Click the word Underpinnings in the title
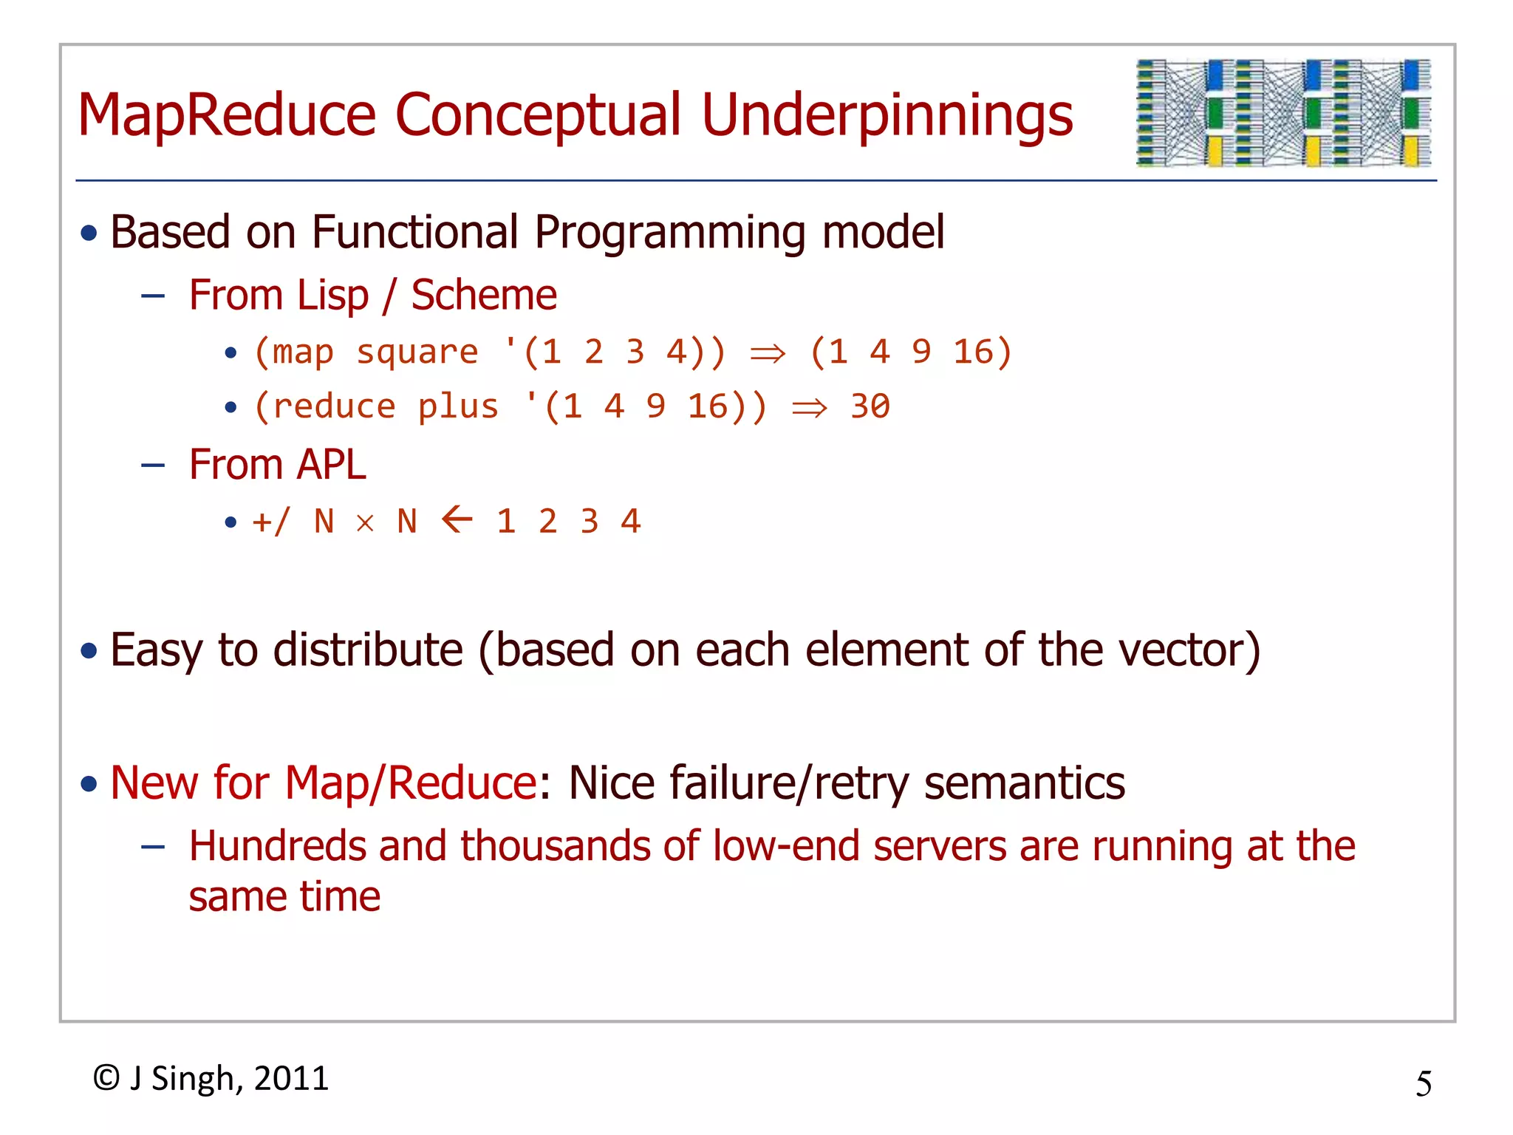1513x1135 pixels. (x=887, y=117)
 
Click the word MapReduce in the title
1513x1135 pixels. (x=227, y=115)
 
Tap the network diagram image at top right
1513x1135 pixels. (x=1283, y=112)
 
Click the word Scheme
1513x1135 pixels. (x=483, y=296)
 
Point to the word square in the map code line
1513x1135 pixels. (x=417, y=352)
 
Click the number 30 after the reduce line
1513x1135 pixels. (x=870, y=406)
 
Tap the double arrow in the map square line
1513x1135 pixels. (x=768, y=354)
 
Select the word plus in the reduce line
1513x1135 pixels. (x=457, y=407)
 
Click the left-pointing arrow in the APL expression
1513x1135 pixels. (x=457, y=519)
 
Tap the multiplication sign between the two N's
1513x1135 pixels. (x=365, y=523)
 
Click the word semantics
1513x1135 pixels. (x=1024, y=783)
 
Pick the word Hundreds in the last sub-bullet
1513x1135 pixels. (x=280, y=846)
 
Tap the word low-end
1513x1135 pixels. (x=785, y=846)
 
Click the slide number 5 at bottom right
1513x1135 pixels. (x=1423, y=1084)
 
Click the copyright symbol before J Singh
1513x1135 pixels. (x=106, y=1078)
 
